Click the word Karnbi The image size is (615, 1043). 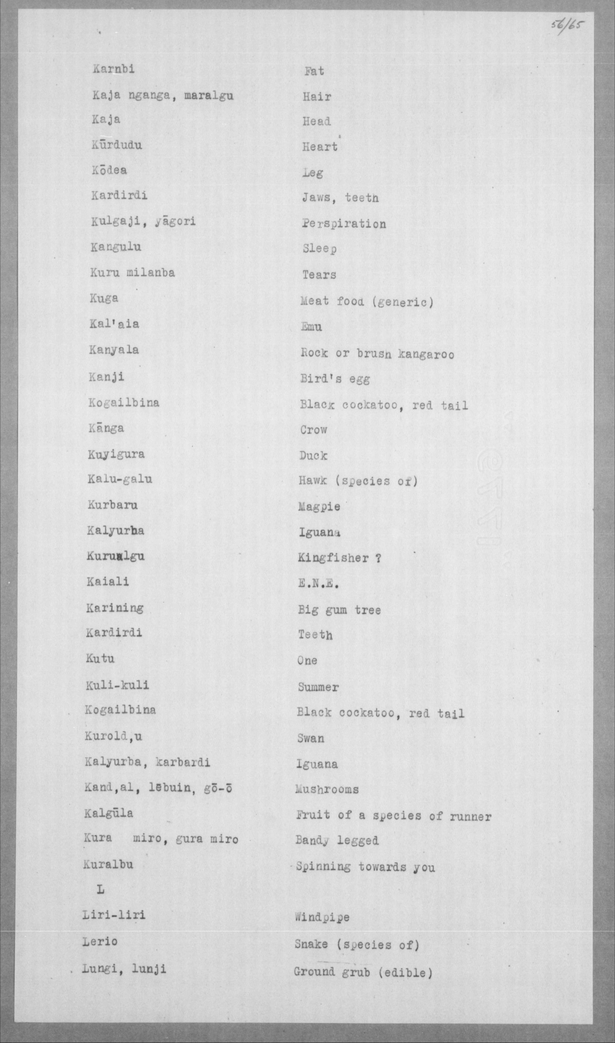[114, 69]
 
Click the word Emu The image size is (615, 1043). [311, 327]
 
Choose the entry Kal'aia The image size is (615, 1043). [114, 323]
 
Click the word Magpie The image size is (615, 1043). [319, 507]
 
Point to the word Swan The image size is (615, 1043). [310, 738]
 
